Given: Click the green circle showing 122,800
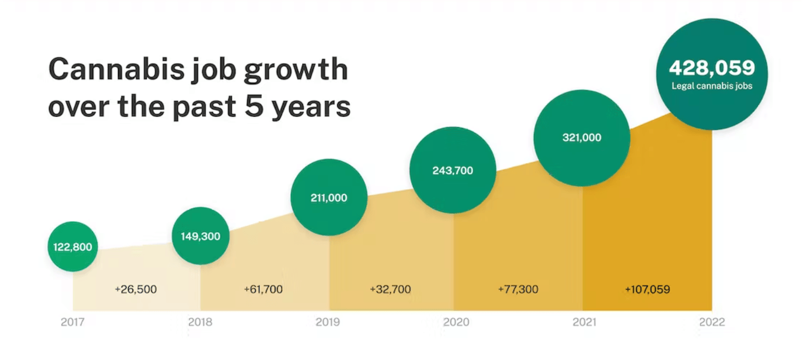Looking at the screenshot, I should click(x=73, y=247).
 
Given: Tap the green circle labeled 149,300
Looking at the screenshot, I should click(x=200, y=236).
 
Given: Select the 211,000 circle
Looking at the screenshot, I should click(x=329, y=197).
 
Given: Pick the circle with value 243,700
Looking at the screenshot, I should click(x=453, y=170).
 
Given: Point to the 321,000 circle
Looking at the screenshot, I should click(x=581, y=137).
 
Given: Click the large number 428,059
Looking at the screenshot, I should click(x=712, y=68).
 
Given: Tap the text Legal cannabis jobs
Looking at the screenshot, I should click(x=712, y=86).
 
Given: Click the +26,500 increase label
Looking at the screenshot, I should click(x=136, y=289).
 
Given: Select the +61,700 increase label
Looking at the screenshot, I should click(x=263, y=289).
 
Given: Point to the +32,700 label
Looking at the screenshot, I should click(x=390, y=289).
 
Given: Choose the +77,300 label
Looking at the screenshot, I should click(x=518, y=289).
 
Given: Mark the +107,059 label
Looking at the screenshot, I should click(x=647, y=289).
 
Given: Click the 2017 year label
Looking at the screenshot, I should click(x=72, y=322).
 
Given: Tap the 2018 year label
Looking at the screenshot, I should click(x=200, y=322).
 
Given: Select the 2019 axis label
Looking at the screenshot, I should click(x=328, y=322).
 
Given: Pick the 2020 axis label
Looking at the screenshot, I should click(x=456, y=322).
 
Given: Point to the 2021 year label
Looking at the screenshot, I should click(x=584, y=322).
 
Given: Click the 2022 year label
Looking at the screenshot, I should click(x=712, y=322).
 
